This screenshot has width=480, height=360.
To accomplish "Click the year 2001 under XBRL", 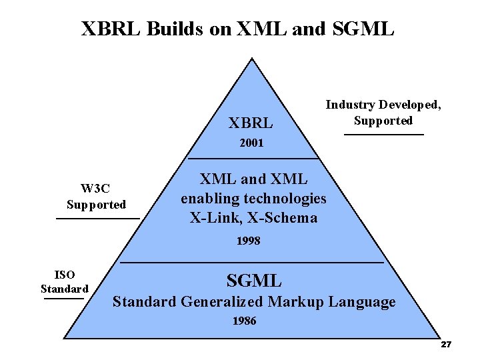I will pyautogui.click(x=251, y=143).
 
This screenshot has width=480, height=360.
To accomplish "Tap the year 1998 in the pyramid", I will pyautogui.click(x=248, y=241).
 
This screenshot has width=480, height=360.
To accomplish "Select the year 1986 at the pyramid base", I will pyautogui.click(x=244, y=321).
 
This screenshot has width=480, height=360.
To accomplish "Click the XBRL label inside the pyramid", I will pyautogui.click(x=251, y=123).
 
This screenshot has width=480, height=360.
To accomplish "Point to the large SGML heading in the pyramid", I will pyautogui.click(x=254, y=281).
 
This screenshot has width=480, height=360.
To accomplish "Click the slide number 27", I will pyautogui.click(x=446, y=345).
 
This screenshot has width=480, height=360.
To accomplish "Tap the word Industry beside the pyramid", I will pyautogui.click(x=350, y=105).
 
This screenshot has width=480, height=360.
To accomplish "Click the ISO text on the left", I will pyautogui.click(x=65, y=275).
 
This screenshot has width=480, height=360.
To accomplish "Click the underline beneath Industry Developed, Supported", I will pyautogui.click(x=383, y=135).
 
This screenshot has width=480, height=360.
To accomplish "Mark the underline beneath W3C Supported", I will pyautogui.click(x=97, y=218).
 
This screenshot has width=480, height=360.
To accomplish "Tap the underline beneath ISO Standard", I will pyautogui.click(x=64, y=299).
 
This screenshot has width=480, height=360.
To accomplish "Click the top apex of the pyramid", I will pyautogui.click(x=251, y=59).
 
